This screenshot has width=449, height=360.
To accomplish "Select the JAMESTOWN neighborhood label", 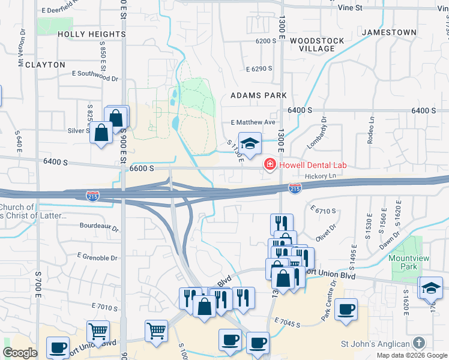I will (x=389, y=32).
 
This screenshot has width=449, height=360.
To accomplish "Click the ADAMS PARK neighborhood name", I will (x=259, y=95).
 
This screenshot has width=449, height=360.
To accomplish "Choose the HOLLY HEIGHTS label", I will (x=92, y=35).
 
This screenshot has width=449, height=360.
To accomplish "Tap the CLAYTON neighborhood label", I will (x=41, y=65).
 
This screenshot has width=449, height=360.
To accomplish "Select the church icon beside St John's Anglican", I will (x=419, y=344).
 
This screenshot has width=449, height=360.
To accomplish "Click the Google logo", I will (x=20, y=353).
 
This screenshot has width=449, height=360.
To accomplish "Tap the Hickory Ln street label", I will (x=318, y=176).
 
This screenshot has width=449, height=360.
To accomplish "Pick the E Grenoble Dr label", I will (x=97, y=257).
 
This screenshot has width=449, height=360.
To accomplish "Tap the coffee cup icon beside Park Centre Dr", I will (x=346, y=310).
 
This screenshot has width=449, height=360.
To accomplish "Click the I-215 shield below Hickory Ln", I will (x=295, y=188).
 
